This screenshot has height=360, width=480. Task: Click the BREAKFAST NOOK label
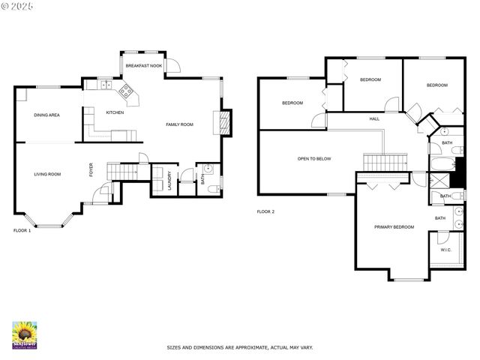(143, 66)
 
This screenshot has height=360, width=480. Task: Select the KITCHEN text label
(115, 112)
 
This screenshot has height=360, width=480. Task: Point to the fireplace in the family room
(223, 122)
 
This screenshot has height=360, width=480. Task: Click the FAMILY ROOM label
(180, 124)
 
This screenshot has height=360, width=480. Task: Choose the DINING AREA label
(46, 115)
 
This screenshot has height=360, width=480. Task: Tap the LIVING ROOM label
(47, 174)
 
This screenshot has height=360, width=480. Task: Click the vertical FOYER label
(91, 170)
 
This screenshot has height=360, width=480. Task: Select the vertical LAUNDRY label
(169, 184)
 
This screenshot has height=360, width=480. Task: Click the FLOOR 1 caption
(22, 230)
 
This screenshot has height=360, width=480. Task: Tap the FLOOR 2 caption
(265, 212)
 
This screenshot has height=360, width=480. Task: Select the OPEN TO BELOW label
(313, 159)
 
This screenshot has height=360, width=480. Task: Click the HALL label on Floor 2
(374, 119)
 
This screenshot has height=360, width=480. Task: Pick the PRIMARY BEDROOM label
(394, 226)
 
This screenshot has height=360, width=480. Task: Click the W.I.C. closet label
(445, 250)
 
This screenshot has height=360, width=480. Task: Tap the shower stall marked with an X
(439, 180)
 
